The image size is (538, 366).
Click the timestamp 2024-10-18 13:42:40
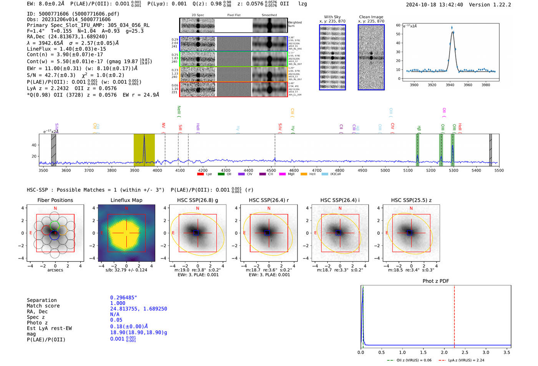pyautogui.click(x=434, y=5)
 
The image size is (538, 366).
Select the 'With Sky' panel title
pyautogui.click(x=332, y=17)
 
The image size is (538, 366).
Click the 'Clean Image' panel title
pyautogui.click(x=371, y=17)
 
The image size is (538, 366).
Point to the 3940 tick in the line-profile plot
pyautogui.click(x=450, y=84)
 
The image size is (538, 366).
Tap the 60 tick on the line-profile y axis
pyautogui.click(x=398, y=25)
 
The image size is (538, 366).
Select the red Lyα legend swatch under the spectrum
pyautogui.click(x=200, y=174)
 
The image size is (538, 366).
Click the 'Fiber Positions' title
pyautogui.click(x=55, y=200)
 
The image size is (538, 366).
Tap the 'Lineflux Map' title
pyautogui.click(x=126, y=200)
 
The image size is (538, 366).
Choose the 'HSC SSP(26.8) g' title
pyautogui.click(x=197, y=200)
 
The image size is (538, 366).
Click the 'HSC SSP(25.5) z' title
pyautogui.click(x=411, y=200)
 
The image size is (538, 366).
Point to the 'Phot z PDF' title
pyautogui.click(x=436, y=281)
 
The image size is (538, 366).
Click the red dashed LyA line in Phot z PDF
pyautogui.click(x=454, y=315)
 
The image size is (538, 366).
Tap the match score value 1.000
pyautogui.click(x=118, y=303)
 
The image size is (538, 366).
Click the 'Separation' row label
pyautogui.click(x=42, y=300)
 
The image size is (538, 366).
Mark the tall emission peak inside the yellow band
pyautogui.click(x=144, y=137)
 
